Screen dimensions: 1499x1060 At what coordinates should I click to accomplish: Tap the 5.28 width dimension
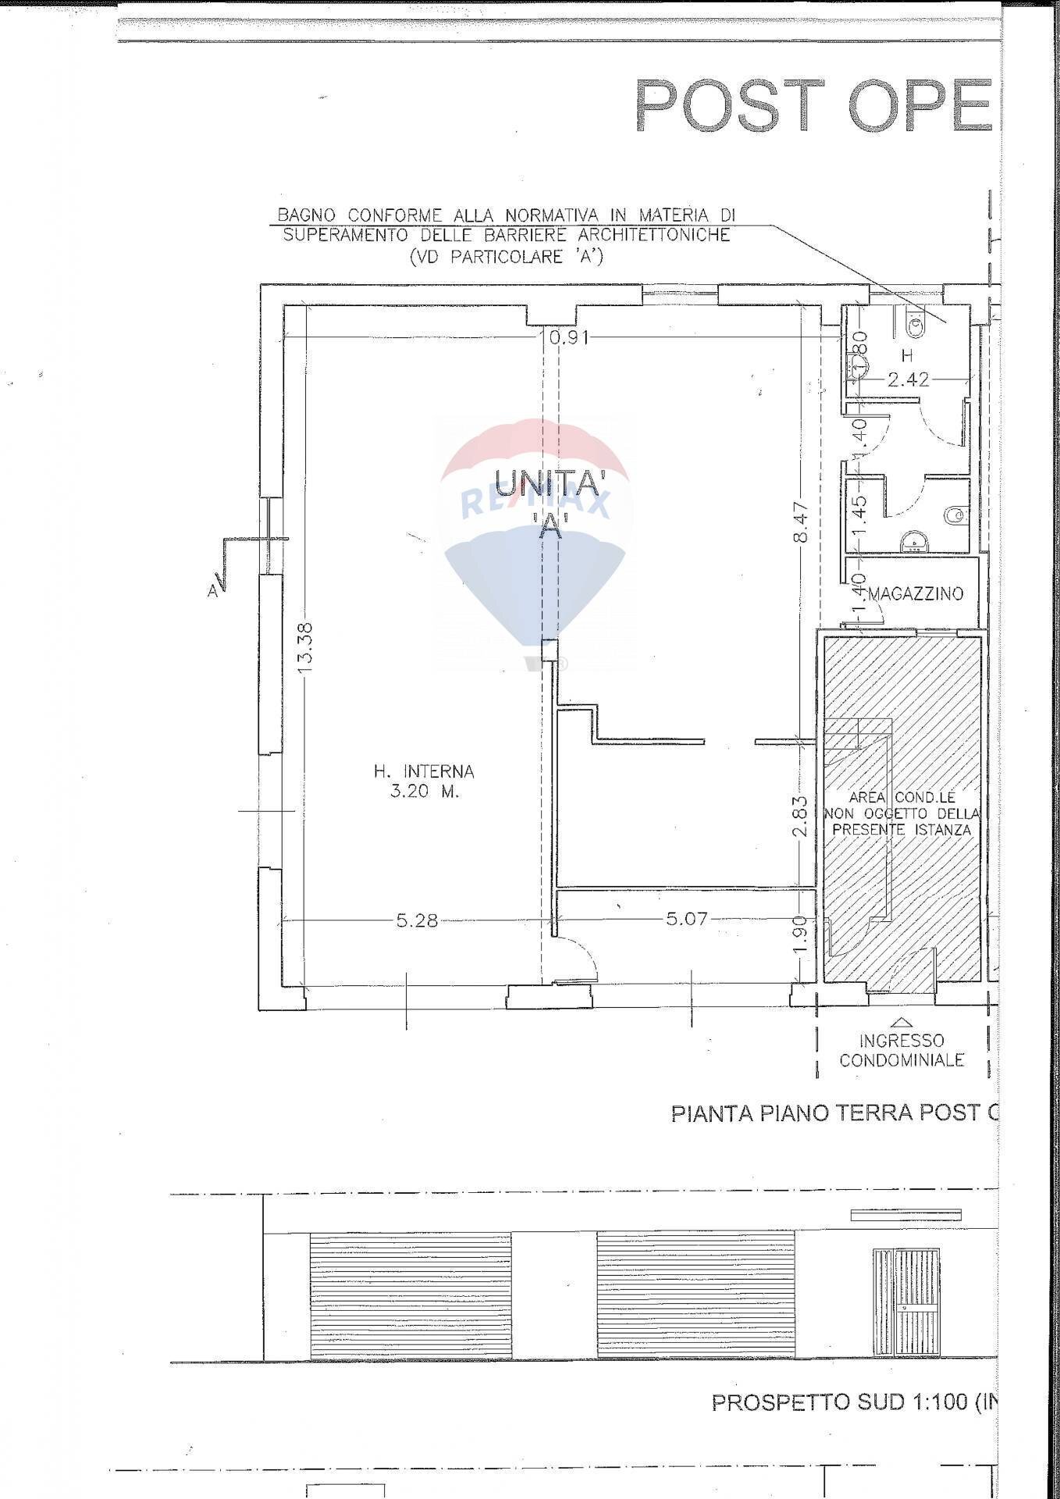pyautogui.click(x=417, y=920)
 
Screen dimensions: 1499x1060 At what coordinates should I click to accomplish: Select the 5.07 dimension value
pyautogui.click(x=687, y=919)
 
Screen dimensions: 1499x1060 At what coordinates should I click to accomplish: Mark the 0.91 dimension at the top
pyautogui.click(x=569, y=337)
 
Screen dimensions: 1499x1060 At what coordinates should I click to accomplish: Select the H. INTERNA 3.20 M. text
pyautogui.click(x=424, y=781)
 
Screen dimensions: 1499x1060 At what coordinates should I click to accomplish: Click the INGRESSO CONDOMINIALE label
pyautogui.click(x=902, y=1050)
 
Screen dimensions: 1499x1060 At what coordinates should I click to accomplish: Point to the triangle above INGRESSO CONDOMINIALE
pyautogui.click(x=902, y=1021)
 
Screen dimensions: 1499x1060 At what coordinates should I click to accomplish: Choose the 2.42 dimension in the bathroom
pyautogui.click(x=909, y=380)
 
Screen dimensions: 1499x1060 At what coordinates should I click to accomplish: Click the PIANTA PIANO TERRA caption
pyautogui.click(x=834, y=1113)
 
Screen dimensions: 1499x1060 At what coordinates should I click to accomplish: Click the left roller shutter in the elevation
pyautogui.click(x=411, y=1295)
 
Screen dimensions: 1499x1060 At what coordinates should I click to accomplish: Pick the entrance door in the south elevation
pyautogui.click(x=907, y=1302)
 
